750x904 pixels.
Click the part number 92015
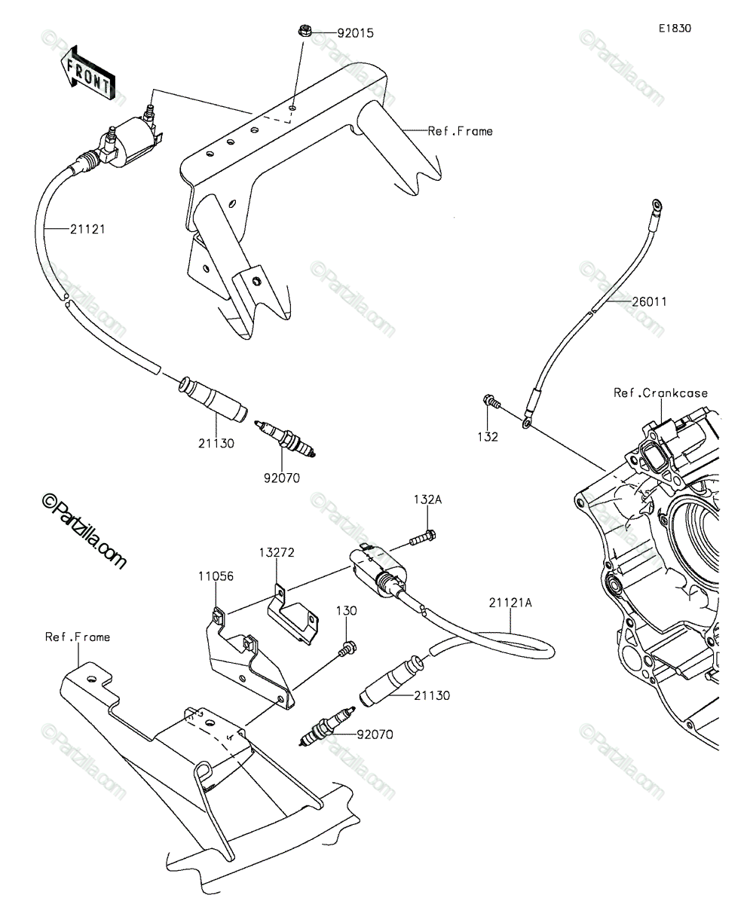coord(355,33)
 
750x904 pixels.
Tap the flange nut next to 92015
coord(305,31)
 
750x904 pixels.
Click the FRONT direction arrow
coord(88,74)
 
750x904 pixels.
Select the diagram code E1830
coord(675,29)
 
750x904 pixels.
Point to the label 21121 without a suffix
coord(88,229)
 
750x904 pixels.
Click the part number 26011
coord(649,301)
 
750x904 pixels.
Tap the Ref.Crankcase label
coord(661,392)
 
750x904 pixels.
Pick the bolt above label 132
coord(491,401)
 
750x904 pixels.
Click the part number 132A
coord(427,499)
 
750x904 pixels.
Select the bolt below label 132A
coord(423,538)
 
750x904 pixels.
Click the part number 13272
coord(277,552)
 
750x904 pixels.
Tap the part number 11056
coord(216,576)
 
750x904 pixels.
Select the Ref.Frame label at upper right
coord(460,131)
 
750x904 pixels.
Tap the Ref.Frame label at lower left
coord(78,637)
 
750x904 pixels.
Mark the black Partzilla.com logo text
coord(84,532)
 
